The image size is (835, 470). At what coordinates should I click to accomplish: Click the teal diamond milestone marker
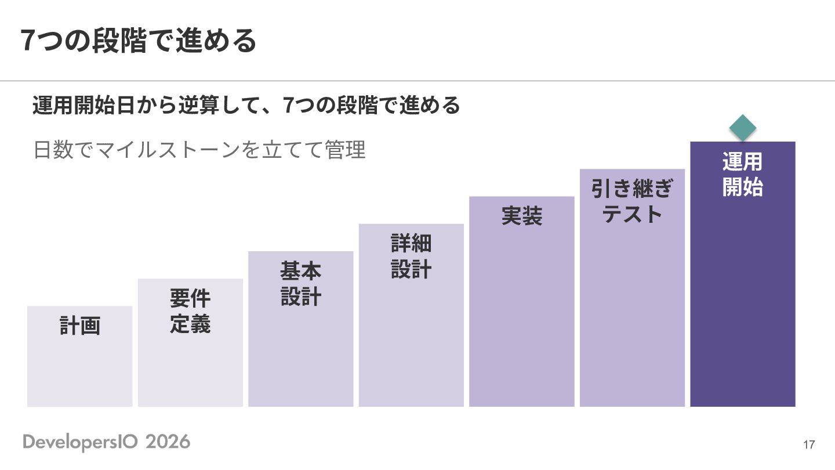[x=743, y=128]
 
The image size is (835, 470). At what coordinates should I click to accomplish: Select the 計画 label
[x=80, y=326]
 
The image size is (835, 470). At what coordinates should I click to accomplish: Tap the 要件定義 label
[x=190, y=311]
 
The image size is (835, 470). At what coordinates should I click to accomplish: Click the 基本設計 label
[x=301, y=284]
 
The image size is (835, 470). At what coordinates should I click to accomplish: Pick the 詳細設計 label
[x=411, y=256]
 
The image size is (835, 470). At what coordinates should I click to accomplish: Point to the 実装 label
[x=521, y=216]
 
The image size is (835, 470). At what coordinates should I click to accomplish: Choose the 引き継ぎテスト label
[x=632, y=201]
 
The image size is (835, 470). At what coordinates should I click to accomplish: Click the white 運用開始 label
[x=743, y=174]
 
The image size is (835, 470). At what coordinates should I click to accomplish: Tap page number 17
[x=809, y=444]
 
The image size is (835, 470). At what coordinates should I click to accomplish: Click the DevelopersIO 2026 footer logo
[x=107, y=442]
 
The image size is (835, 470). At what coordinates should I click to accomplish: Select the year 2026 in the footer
[x=168, y=442]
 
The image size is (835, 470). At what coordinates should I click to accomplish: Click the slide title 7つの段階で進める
[x=139, y=41]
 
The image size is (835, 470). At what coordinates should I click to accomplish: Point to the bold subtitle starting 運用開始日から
[x=246, y=105]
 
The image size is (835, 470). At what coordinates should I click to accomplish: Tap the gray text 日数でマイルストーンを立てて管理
[x=199, y=150]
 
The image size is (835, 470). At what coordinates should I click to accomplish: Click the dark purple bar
[x=743, y=274]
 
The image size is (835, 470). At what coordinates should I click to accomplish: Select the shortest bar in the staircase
[x=80, y=356]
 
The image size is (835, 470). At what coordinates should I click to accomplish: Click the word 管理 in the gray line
[x=345, y=150]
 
